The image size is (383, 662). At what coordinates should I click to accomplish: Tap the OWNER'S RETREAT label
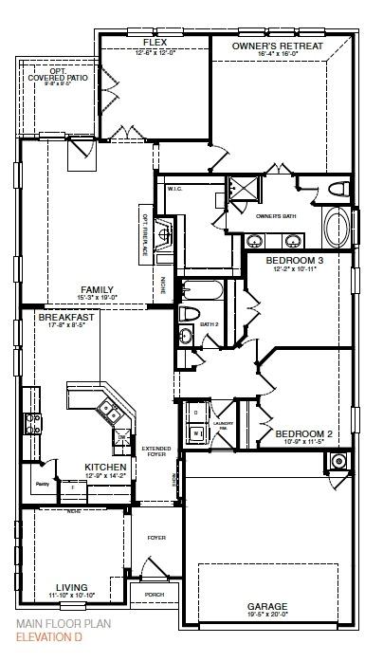pos(278,45)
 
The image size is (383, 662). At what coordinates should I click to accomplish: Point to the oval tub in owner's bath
pos(336,229)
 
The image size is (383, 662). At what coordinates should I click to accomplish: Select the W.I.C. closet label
pos(174,188)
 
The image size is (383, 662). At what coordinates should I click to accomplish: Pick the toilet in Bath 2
pos(188,314)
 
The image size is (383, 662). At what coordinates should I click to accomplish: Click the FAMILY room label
pos(97,289)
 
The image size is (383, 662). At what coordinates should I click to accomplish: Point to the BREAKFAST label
pos(65,318)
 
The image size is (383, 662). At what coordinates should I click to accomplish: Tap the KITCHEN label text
pos(104,467)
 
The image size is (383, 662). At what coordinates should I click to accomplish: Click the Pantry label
pos(42,483)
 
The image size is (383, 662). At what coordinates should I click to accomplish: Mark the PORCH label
pos(155,596)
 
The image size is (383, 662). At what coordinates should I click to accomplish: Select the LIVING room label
pos(71,587)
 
